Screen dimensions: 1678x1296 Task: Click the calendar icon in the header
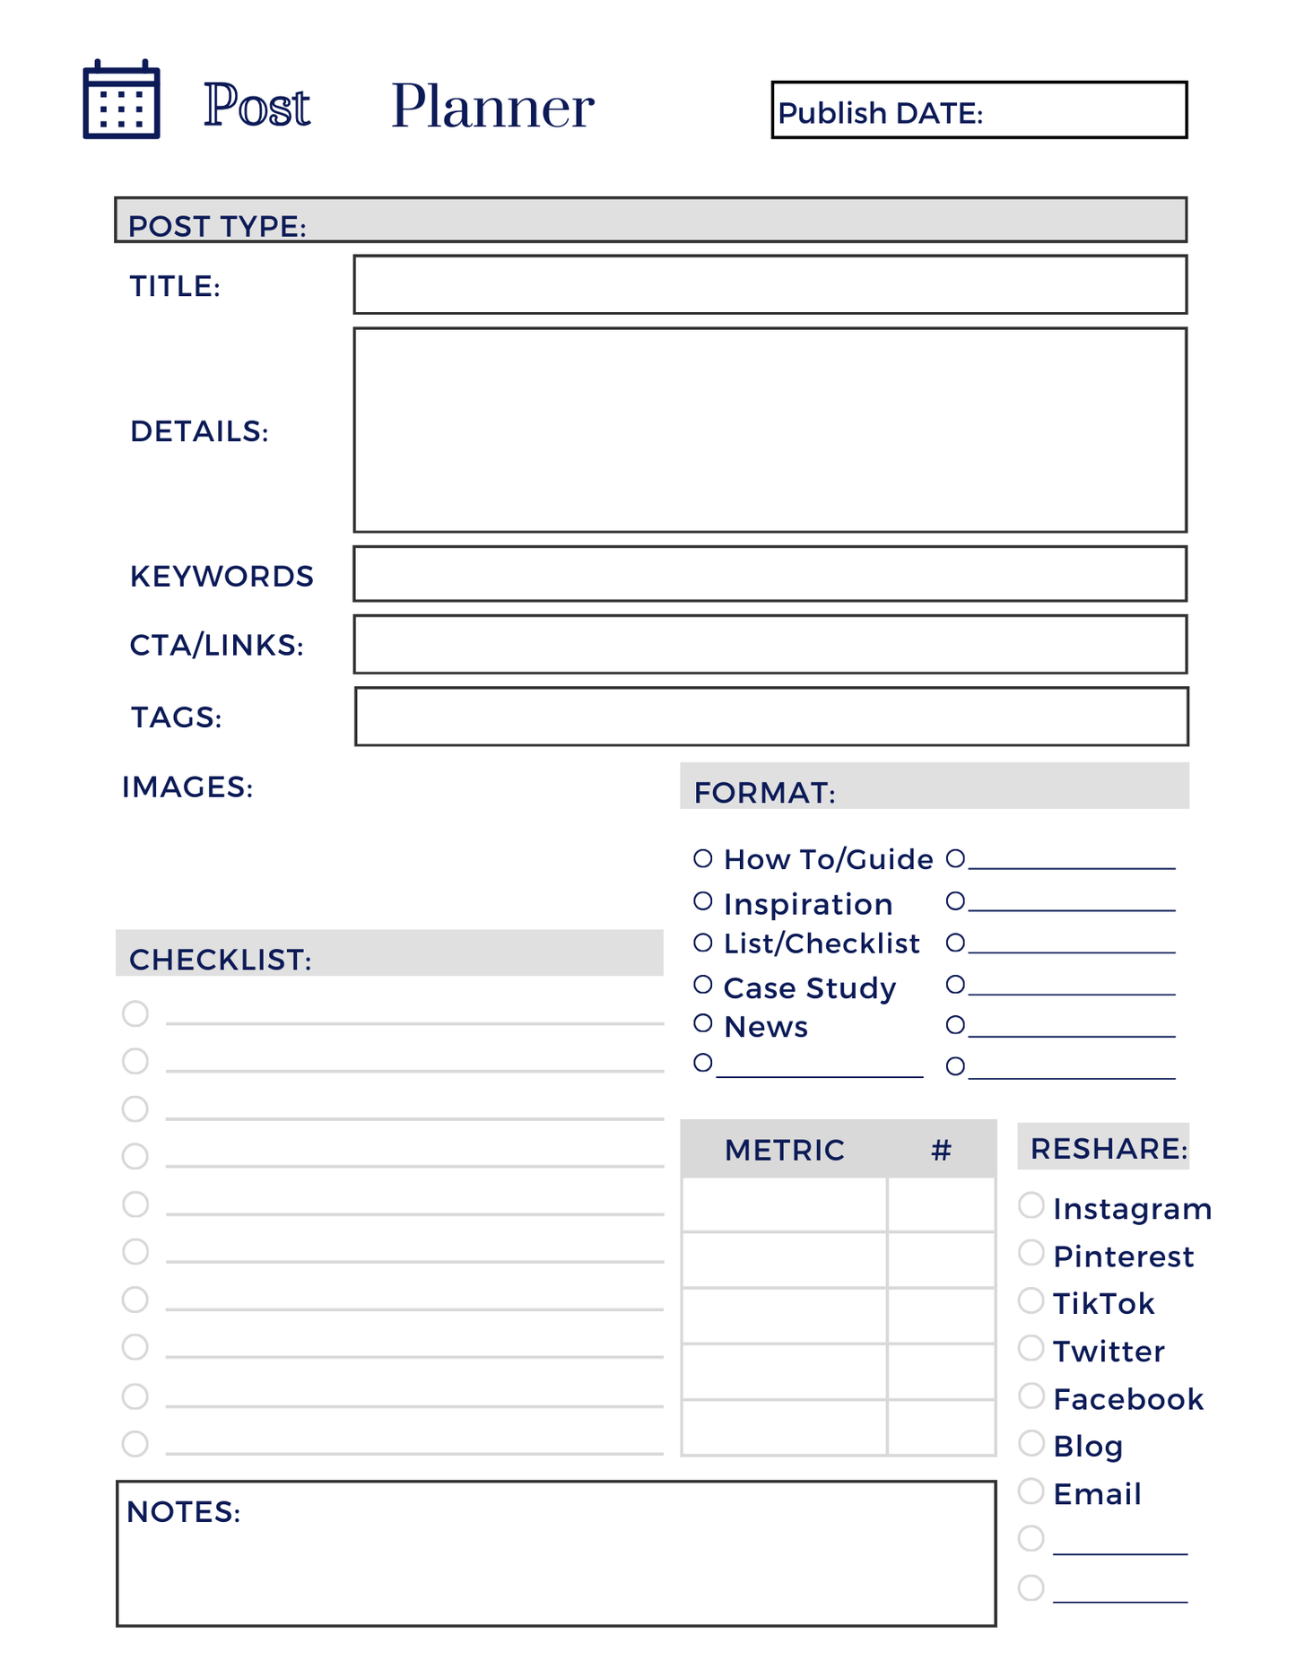[x=121, y=100]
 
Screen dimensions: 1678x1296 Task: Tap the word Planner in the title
[x=492, y=107]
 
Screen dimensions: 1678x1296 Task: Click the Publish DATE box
[x=979, y=110]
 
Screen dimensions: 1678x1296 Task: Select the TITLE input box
[x=770, y=285]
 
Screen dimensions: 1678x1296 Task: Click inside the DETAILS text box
[x=770, y=430]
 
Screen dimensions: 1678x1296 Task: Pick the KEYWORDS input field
[x=770, y=574]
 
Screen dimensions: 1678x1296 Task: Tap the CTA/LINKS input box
[x=770, y=644]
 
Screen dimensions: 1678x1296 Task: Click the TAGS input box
[x=771, y=717]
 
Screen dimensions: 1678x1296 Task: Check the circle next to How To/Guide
[x=703, y=858]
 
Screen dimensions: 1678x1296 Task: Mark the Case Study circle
[x=703, y=985]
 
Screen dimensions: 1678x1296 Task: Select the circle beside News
[x=703, y=1023]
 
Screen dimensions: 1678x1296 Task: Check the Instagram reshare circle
[x=1031, y=1205]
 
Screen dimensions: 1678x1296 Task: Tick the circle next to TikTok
[x=1031, y=1300]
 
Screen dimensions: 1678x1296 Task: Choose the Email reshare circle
[x=1031, y=1491]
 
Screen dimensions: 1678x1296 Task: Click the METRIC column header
[x=784, y=1150]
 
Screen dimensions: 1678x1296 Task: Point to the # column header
[x=941, y=1150]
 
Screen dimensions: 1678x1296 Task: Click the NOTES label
[x=184, y=1512]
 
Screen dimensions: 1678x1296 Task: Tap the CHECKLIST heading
[x=221, y=960]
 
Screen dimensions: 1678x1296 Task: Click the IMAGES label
[x=187, y=787]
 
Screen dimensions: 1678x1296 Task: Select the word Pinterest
[x=1123, y=1256]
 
